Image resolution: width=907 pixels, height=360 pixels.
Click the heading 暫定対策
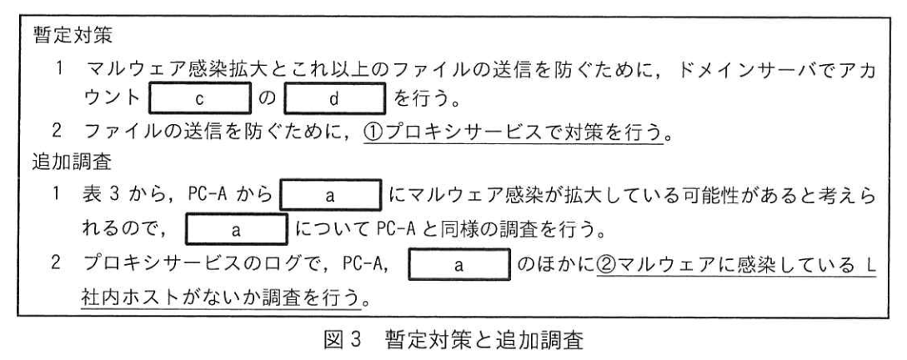tap(73, 37)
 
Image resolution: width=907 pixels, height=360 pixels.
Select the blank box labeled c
tap(199, 99)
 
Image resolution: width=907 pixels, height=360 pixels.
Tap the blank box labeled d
tap(334, 99)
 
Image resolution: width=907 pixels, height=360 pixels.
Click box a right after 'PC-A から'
tap(330, 196)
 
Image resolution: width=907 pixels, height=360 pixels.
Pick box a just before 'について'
tap(236, 229)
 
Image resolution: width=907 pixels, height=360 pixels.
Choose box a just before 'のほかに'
tap(459, 264)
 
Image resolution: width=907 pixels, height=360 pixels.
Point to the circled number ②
tap(607, 264)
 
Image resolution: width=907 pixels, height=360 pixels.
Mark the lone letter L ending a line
tap(872, 264)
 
